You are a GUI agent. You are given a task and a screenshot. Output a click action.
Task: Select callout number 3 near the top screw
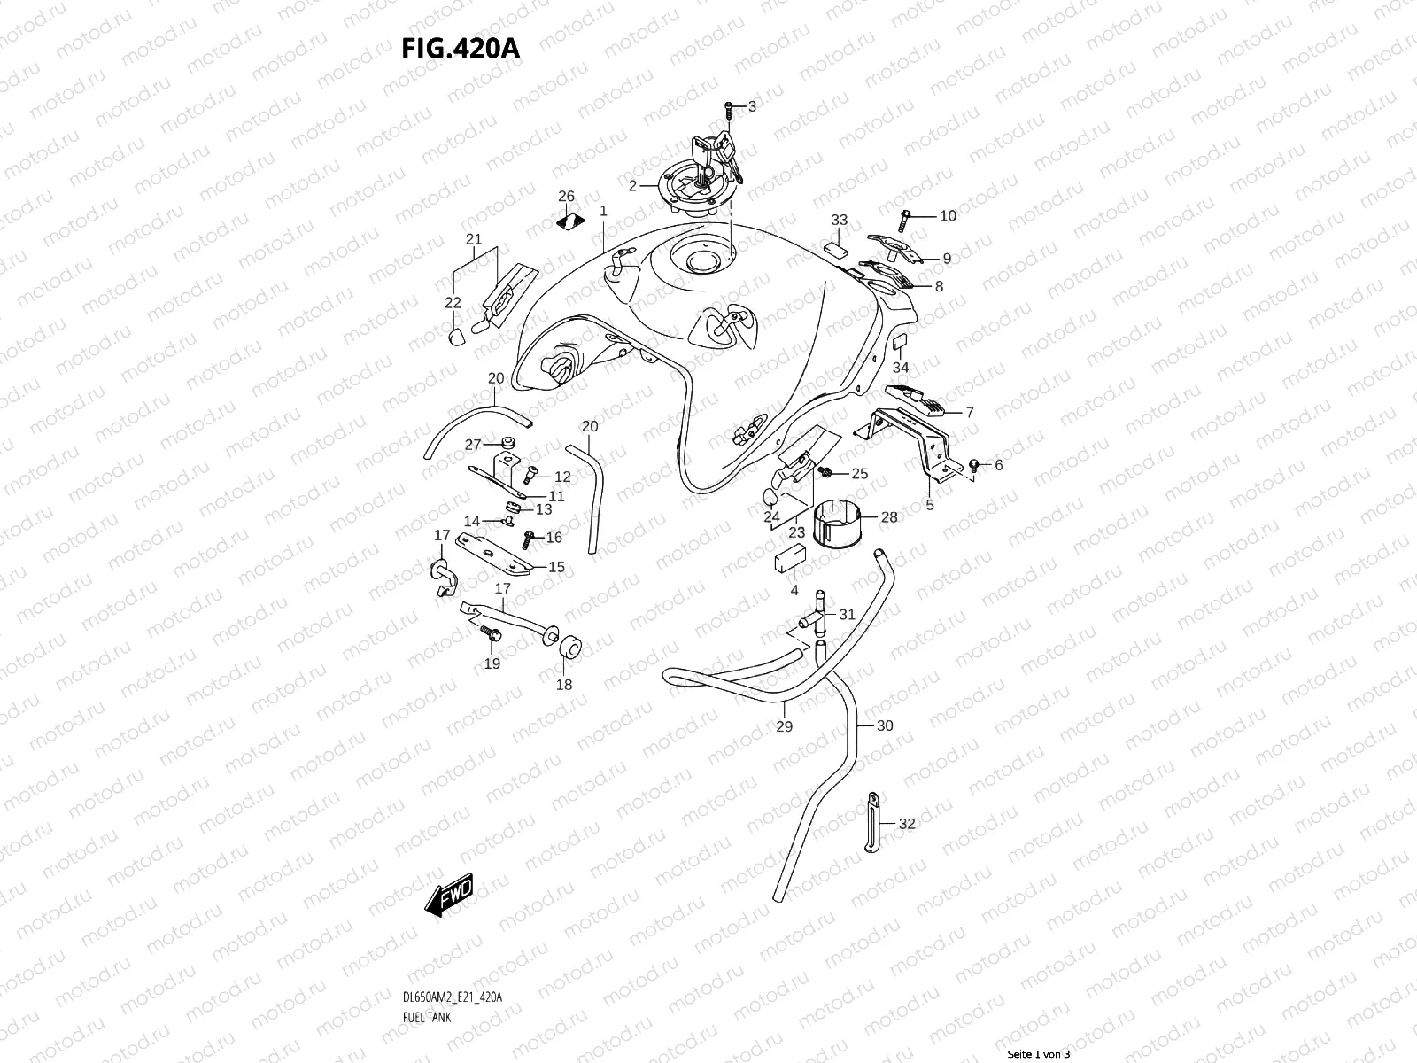tap(752, 106)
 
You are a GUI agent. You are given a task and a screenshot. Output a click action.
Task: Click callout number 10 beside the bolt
tap(948, 215)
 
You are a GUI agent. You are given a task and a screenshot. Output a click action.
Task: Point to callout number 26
tap(566, 196)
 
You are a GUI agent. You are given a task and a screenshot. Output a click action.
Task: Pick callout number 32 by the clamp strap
tap(906, 823)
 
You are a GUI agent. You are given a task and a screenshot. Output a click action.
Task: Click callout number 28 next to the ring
tap(889, 516)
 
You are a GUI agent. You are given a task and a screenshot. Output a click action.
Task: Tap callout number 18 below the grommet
tap(564, 684)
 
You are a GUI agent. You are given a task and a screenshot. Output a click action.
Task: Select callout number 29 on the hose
tap(784, 726)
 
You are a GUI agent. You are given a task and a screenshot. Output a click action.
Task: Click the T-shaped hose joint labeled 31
tap(817, 613)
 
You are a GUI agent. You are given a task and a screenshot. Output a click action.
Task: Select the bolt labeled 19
tap(491, 635)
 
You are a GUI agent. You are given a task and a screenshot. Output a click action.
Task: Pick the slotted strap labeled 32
tap(871, 821)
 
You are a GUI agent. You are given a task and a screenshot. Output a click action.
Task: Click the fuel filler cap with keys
tap(700, 182)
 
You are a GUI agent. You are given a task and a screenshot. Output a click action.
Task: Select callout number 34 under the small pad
tap(900, 367)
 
